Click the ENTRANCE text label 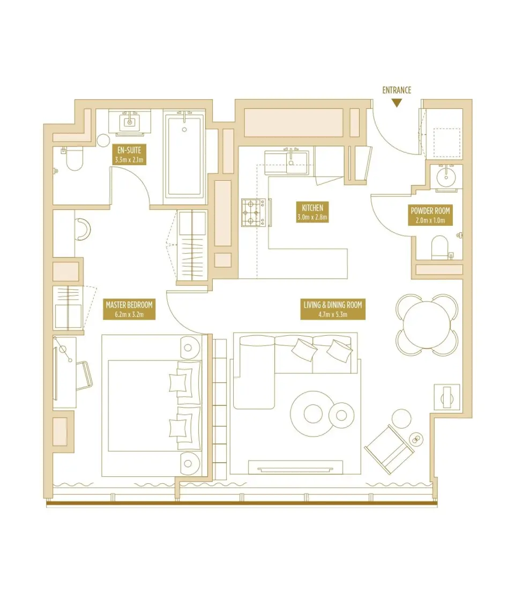397,90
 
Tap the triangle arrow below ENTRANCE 397,103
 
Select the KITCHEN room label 312,212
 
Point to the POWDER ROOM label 430,215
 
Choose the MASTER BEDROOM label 129,309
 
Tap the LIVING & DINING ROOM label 333,309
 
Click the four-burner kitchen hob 253,212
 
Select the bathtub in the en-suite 184,156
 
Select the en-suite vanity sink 129,121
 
